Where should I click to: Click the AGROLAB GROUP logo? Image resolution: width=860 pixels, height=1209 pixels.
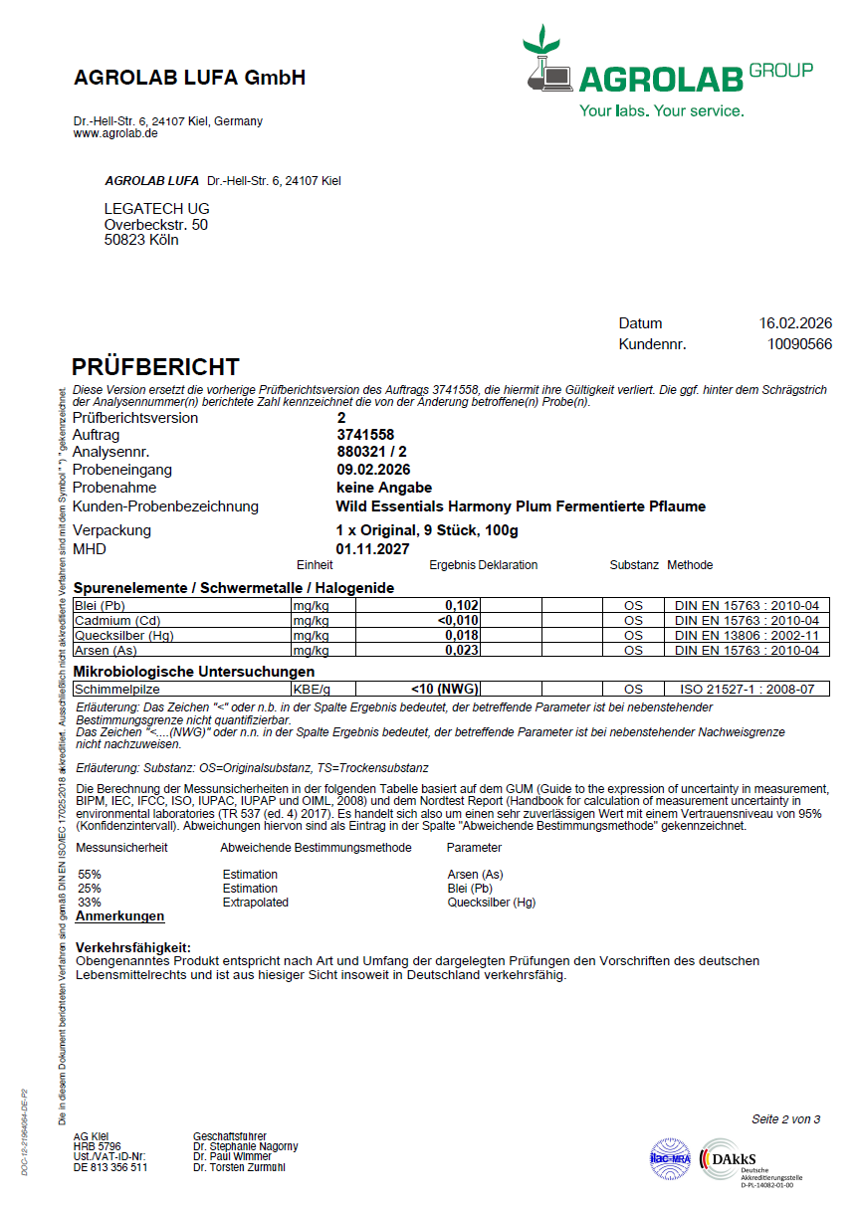point(667,75)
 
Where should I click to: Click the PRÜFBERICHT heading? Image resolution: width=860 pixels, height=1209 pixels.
point(155,367)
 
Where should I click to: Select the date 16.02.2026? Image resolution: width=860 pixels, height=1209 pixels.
point(795,323)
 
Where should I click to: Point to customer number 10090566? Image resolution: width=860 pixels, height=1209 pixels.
point(800,344)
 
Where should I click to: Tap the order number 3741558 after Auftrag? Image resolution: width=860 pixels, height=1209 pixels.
point(365,435)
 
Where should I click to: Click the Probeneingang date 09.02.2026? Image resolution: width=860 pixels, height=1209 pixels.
point(373,470)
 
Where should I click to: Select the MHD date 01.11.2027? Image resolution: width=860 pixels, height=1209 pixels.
point(372,548)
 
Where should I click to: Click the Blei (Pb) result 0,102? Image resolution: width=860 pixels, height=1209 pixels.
point(462,605)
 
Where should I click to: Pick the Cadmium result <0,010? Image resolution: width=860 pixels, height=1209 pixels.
point(459,620)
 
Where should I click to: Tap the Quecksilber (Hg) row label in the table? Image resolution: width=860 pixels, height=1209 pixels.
point(115,635)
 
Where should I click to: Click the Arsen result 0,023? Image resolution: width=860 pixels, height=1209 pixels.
point(462,650)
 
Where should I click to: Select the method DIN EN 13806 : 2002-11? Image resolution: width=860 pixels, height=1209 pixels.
point(747,635)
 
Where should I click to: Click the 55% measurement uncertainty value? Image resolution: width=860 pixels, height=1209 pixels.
point(90,874)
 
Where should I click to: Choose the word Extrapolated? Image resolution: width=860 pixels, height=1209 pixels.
point(255,902)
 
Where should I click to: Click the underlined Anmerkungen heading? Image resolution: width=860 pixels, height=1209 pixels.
point(119,916)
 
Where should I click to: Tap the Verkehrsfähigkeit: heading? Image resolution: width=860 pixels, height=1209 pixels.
point(132,947)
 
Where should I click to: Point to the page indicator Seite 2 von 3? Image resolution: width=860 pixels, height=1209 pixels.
point(785,1119)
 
